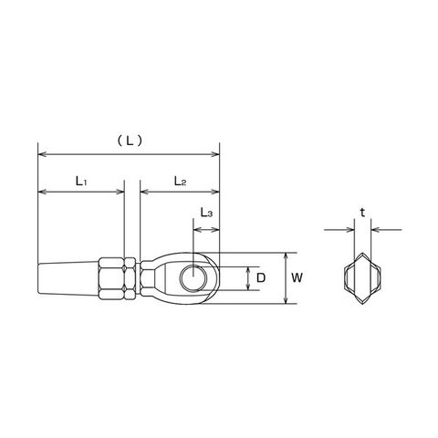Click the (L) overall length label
click(x=130, y=141)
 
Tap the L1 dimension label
click(x=81, y=182)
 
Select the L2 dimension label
click(x=180, y=182)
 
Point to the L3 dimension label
click(x=206, y=213)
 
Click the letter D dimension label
click(x=261, y=277)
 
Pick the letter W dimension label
click(x=297, y=277)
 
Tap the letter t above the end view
click(x=362, y=213)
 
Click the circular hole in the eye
click(x=193, y=277)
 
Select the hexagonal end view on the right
click(x=362, y=278)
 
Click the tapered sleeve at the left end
click(x=68, y=277)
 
